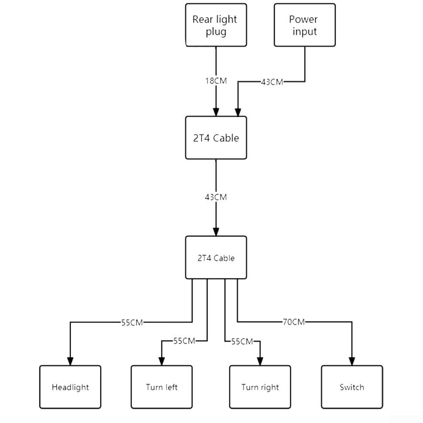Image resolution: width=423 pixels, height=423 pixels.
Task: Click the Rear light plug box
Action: click(216, 25)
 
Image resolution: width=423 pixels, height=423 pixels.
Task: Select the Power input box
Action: click(305, 25)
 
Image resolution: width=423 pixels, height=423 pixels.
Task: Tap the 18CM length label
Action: click(216, 81)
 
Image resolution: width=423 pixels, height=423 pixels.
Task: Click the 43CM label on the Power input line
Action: click(272, 82)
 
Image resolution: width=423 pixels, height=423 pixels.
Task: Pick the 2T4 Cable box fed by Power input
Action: click(216, 138)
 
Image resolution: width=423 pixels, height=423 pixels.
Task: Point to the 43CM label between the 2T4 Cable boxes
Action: click(216, 197)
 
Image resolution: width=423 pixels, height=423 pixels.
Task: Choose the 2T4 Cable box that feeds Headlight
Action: click(216, 257)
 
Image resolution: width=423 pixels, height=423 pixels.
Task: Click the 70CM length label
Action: click(294, 322)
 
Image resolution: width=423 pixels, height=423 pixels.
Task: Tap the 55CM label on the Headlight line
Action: click(132, 322)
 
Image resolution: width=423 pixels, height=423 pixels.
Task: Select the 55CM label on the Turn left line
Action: click(184, 341)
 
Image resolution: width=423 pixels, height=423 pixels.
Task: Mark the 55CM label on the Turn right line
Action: click(242, 341)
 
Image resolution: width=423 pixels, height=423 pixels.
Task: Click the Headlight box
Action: click(70, 387)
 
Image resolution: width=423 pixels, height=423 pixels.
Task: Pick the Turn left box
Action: click(161, 387)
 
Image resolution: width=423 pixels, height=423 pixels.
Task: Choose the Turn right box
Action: click(260, 387)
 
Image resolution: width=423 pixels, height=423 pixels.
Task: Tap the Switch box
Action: click(352, 387)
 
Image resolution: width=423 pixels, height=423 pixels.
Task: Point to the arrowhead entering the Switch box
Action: click(352, 361)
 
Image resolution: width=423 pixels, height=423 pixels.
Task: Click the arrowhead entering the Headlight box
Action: click(70, 361)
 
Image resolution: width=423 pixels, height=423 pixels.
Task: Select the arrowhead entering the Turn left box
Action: click(161, 361)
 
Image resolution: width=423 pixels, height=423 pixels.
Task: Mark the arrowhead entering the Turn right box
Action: click(260, 361)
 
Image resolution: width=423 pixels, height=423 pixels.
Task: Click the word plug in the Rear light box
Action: click(216, 32)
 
